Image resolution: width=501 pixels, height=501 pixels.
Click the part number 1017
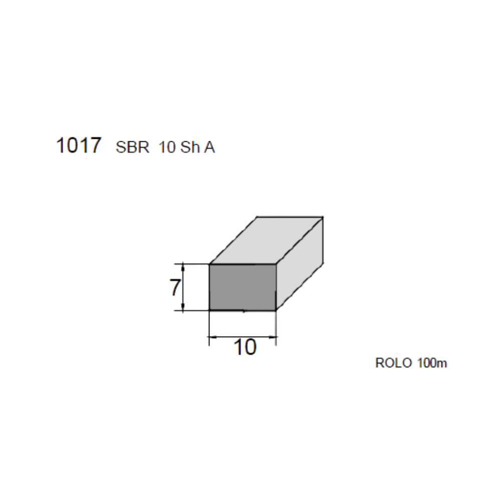79,145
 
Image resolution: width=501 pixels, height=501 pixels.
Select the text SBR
132,147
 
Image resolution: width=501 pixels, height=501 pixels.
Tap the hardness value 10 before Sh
167,147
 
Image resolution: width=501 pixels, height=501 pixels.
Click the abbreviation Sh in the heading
190,147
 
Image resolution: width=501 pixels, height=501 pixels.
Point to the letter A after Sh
209,147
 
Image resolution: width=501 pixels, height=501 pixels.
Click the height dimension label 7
175,287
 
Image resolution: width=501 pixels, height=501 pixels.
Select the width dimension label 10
245,347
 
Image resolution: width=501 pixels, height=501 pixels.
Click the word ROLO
394,363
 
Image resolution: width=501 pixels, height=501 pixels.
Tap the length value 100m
432,363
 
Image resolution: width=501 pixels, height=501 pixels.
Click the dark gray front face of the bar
242,287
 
